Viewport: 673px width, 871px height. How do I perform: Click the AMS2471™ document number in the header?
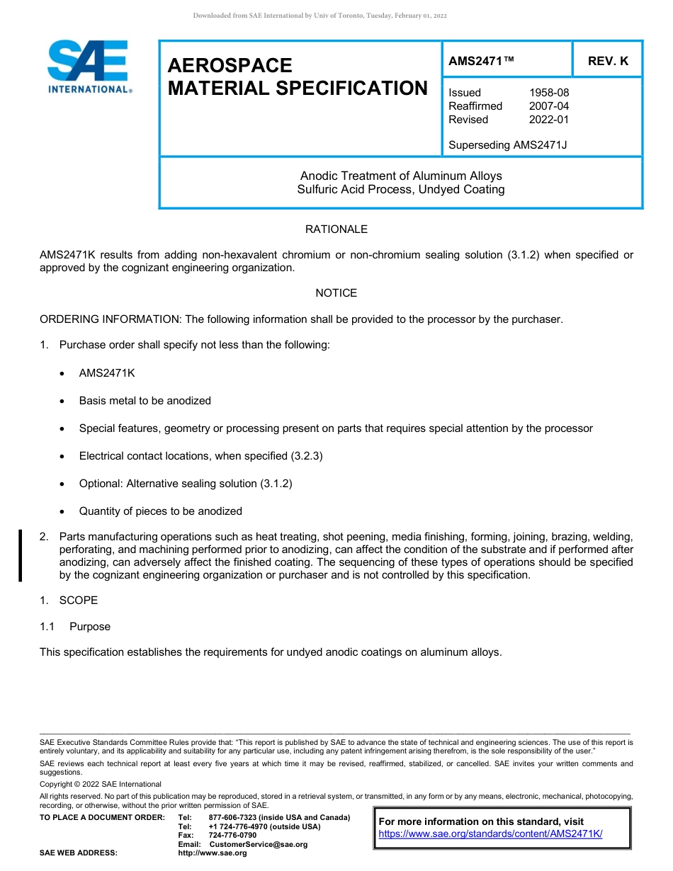481,61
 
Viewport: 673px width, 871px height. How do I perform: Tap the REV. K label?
608,61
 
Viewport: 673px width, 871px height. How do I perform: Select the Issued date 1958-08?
548,93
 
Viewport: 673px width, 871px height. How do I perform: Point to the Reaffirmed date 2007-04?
548,106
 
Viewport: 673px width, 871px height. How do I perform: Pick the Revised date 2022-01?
548,120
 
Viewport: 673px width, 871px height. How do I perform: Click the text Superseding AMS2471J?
507,145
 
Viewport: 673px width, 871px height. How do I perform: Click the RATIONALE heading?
336,229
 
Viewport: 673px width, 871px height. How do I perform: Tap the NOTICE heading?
336,293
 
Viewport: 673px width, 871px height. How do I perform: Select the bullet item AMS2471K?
107,373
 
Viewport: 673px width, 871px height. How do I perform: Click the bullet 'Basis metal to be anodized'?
145,401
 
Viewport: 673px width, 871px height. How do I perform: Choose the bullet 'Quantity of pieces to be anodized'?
160,511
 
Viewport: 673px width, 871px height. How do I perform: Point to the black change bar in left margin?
21,556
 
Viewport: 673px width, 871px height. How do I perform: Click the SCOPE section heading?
78,600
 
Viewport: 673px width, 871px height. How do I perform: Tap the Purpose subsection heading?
89,627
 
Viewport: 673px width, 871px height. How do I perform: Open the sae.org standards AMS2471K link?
490,834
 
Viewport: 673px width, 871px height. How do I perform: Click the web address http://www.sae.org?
212,853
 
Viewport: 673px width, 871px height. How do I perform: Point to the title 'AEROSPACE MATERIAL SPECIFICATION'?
298,76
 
